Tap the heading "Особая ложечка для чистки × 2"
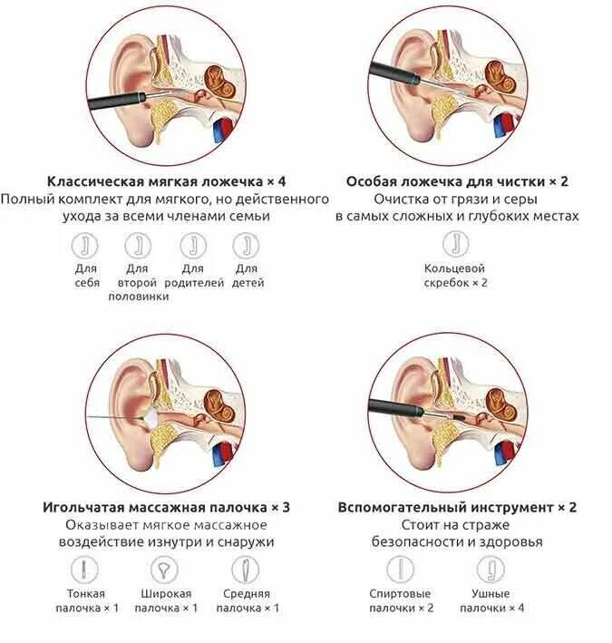point(457,180)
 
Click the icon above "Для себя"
point(86,245)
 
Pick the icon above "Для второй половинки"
point(138,245)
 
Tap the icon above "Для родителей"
point(192,245)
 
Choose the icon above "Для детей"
point(245,245)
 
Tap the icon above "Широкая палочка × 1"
point(164,570)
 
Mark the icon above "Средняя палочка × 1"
point(244,570)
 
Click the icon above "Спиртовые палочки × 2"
point(400,570)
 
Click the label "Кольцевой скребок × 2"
point(455,276)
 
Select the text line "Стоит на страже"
point(457,525)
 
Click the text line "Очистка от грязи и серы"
point(457,199)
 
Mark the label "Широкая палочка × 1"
point(164,600)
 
